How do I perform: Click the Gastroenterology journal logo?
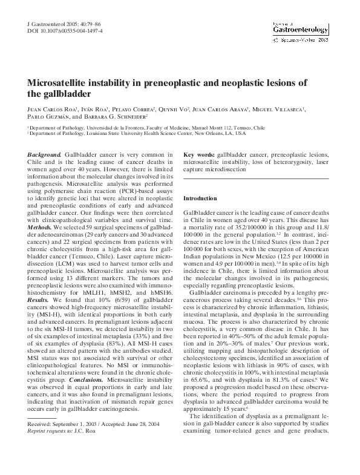[299, 28]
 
